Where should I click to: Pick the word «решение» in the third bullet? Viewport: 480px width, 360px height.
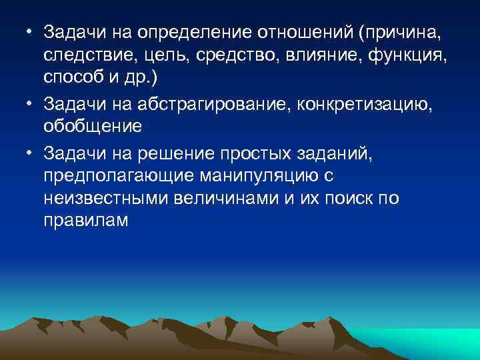coord(175,153)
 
